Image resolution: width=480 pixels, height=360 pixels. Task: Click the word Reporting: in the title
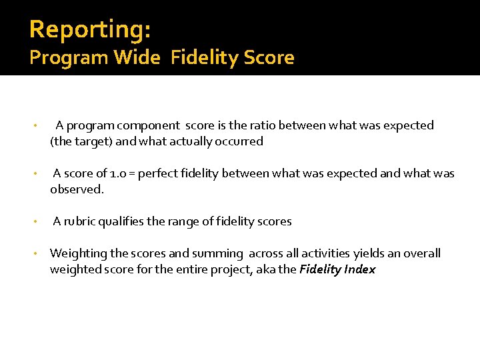90,29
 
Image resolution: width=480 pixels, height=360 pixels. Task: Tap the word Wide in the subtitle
137,58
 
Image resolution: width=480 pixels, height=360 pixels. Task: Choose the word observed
77,189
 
